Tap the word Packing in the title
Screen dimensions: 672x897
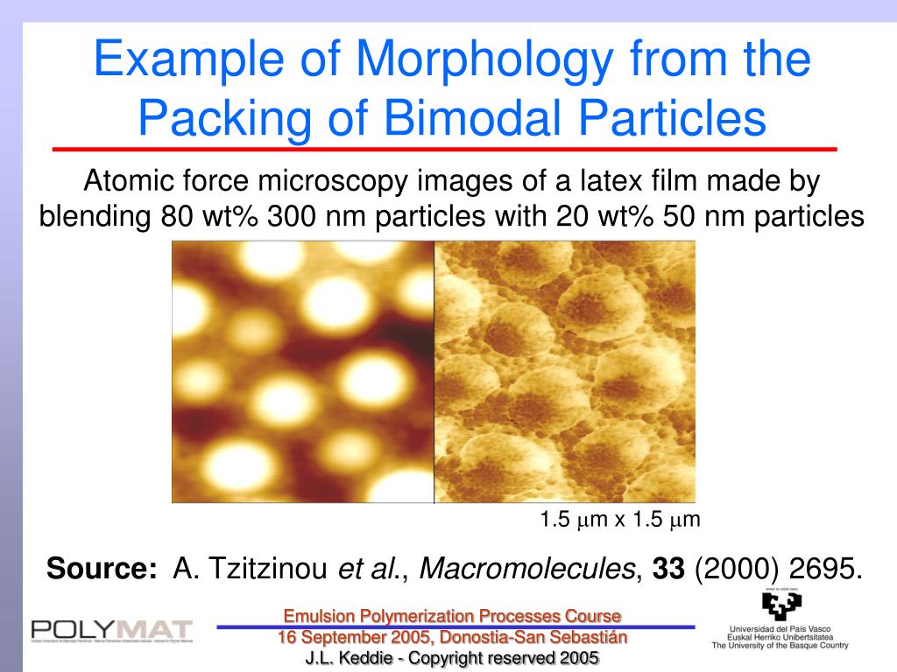click(232, 120)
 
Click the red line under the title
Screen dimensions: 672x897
click(445, 150)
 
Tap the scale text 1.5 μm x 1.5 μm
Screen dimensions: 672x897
click(620, 520)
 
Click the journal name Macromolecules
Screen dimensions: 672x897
click(528, 569)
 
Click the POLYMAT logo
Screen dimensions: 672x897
click(112, 630)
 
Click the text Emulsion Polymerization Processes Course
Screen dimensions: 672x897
click(452, 616)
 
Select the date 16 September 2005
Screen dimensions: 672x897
click(356, 637)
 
